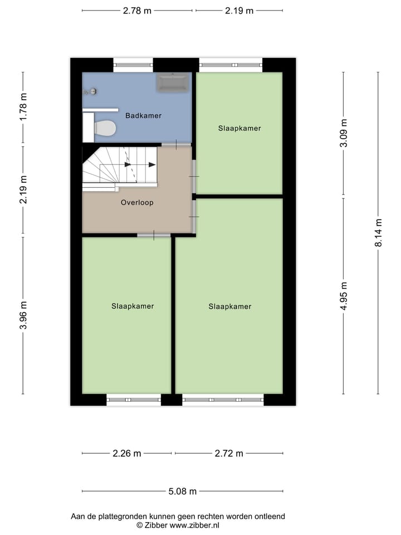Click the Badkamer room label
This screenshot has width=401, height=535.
point(143,116)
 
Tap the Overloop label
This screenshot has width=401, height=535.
point(137,203)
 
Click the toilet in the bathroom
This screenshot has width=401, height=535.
point(104,128)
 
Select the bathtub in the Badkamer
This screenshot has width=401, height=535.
point(173,83)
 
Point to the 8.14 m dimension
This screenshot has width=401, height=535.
point(378,232)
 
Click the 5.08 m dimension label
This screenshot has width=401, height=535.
point(183,492)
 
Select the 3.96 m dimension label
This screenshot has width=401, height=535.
point(23,315)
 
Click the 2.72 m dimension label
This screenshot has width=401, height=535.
point(229,454)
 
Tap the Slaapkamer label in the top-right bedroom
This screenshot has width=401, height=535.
point(239,129)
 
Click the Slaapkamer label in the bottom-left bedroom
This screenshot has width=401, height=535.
point(133,306)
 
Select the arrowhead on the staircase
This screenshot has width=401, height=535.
point(152,164)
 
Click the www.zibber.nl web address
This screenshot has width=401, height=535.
point(194,525)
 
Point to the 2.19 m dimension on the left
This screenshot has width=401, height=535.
point(23,189)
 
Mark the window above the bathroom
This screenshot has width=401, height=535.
point(133,65)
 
